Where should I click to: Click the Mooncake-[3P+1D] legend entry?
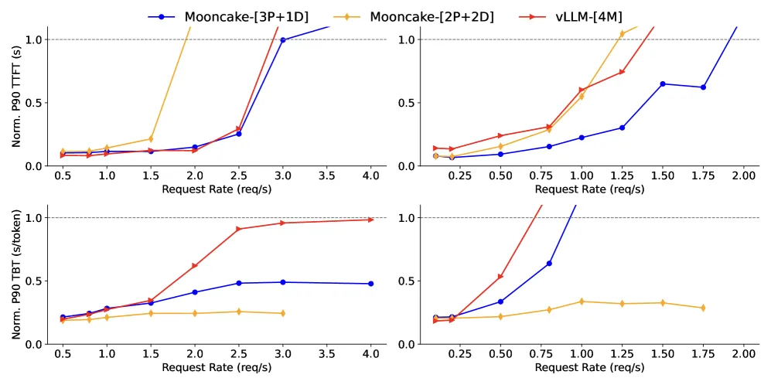(228, 16)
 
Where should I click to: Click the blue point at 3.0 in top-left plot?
(283, 40)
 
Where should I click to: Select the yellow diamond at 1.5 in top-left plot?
(151, 139)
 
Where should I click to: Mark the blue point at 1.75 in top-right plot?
(703, 87)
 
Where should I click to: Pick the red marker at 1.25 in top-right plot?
(622, 72)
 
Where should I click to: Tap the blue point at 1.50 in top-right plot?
(663, 83)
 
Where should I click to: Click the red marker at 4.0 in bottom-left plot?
(370, 220)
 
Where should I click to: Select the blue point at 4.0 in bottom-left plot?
(370, 284)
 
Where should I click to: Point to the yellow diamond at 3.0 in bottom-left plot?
(283, 313)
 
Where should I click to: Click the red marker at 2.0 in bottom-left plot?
(195, 265)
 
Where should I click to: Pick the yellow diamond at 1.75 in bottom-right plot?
(703, 308)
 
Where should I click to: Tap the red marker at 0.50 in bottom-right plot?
(500, 277)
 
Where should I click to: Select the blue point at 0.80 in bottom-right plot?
(549, 264)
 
